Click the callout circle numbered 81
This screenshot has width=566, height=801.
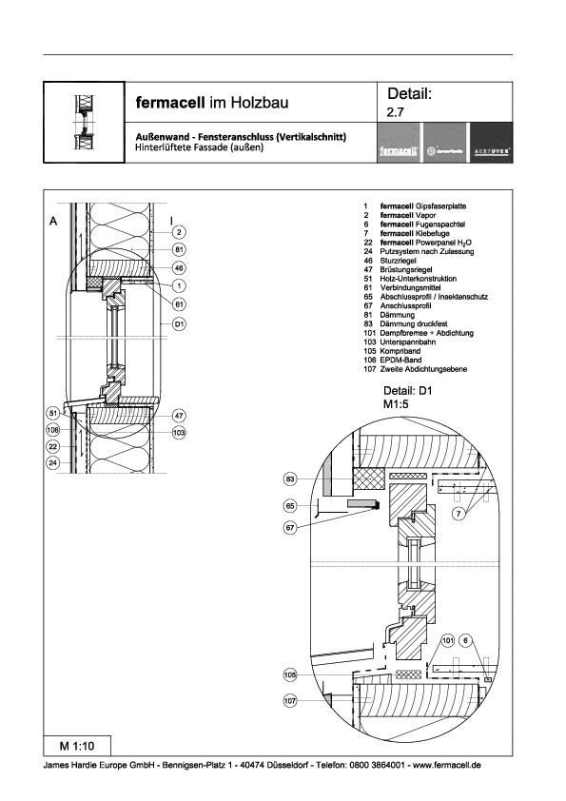pos(178,250)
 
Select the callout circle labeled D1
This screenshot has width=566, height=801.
pos(178,323)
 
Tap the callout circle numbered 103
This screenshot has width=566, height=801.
pos(178,432)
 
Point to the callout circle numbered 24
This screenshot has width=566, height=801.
pos(53,463)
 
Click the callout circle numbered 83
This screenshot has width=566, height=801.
pos(292,479)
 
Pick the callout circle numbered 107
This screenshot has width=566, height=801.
pos(292,701)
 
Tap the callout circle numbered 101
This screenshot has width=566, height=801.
pos(448,641)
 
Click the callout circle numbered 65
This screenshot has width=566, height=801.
pos(292,507)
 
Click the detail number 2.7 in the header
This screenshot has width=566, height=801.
pos(395,113)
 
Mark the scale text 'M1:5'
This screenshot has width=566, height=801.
pos(396,404)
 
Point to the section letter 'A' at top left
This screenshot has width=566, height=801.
pos(54,220)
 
